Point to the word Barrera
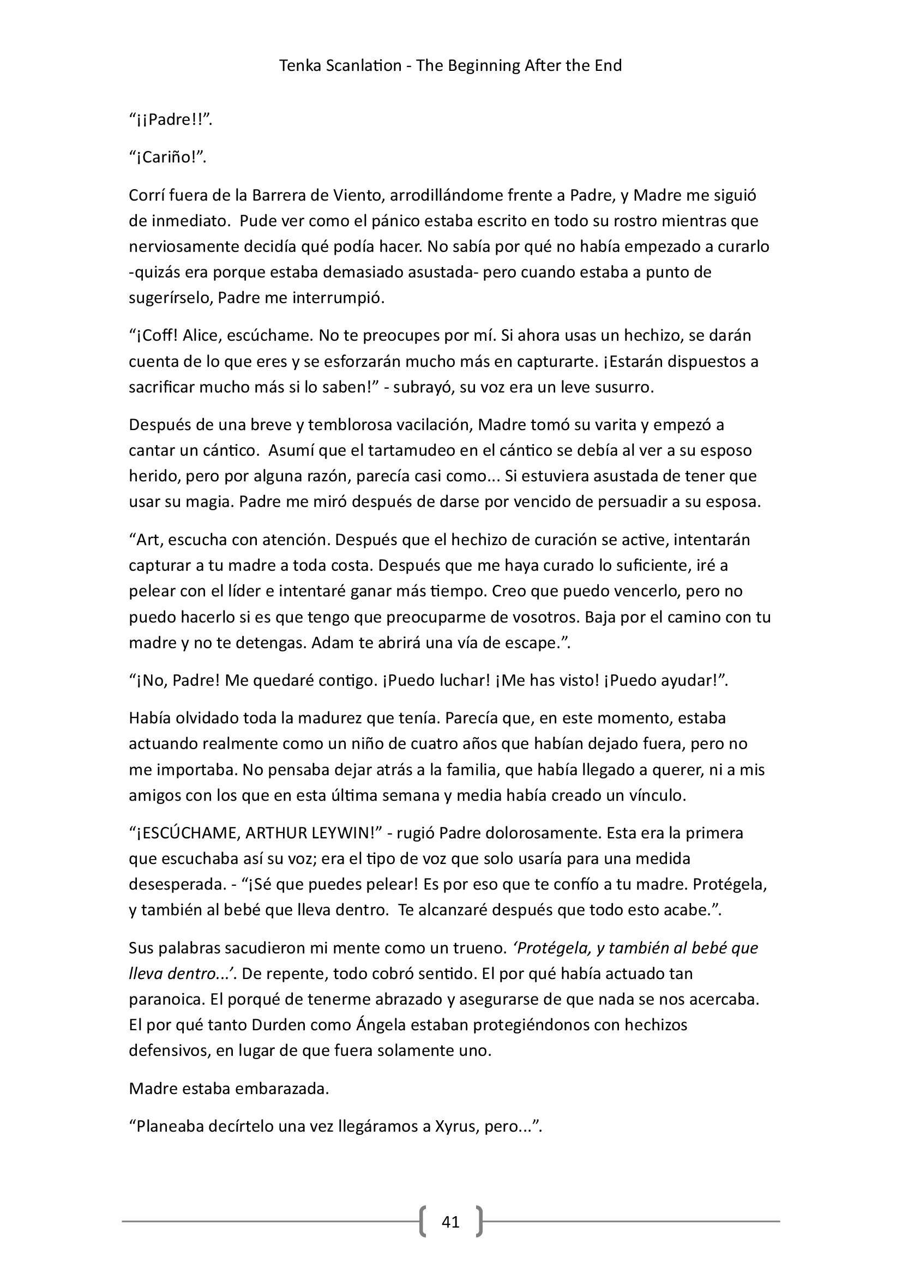pyautogui.click(x=276, y=196)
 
